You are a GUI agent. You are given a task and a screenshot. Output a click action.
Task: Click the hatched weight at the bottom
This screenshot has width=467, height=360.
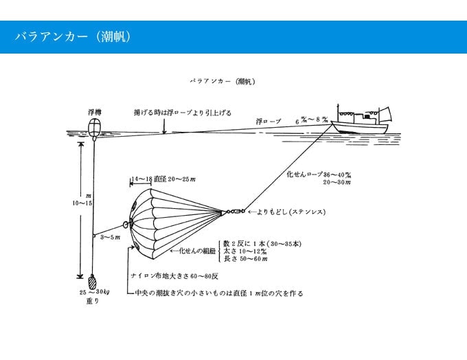tap(93, 282)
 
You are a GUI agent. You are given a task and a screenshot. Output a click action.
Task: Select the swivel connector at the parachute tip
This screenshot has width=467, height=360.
tap(233, 212)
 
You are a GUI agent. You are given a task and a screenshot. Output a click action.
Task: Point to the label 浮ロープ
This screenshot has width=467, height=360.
tap(269, 121)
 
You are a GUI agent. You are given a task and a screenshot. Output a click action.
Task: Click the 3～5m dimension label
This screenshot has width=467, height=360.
tap(110, 237)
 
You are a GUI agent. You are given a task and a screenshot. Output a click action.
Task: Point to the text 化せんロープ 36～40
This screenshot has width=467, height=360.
tap(319, 175)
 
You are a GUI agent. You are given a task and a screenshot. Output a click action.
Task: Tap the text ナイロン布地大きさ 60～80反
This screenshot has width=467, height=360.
tap(175, 275)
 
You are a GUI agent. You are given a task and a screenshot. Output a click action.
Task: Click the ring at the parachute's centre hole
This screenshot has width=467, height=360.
tap(127, 223)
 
